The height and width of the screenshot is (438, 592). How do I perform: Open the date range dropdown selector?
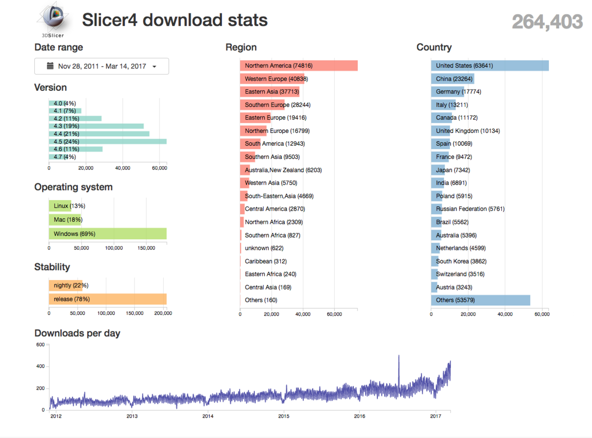tap(102, 66)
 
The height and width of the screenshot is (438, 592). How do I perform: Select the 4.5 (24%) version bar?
tap(107, 141)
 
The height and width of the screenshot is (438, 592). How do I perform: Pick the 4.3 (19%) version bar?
tap(96, 126)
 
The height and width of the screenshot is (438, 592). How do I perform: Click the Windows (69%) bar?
tap(107, 234)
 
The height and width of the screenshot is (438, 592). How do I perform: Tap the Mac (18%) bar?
tap(65, 219)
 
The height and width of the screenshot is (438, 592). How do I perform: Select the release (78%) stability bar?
tap(107, 299)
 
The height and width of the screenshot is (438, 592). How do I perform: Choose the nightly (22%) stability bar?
tap(65, 285)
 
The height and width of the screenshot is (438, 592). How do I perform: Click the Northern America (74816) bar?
tap(298, 66)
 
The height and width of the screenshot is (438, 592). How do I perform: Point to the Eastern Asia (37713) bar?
tap(270, 92)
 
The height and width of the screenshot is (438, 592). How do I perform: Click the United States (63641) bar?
tap(489, 66)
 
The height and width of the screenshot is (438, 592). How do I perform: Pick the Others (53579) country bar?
tap(480, 300)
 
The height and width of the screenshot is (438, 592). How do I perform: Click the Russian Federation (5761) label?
tap(470, 209)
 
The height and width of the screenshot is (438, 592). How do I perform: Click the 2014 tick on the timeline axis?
tap(208, 416)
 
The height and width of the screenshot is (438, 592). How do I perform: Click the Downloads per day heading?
tap(77, 333)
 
